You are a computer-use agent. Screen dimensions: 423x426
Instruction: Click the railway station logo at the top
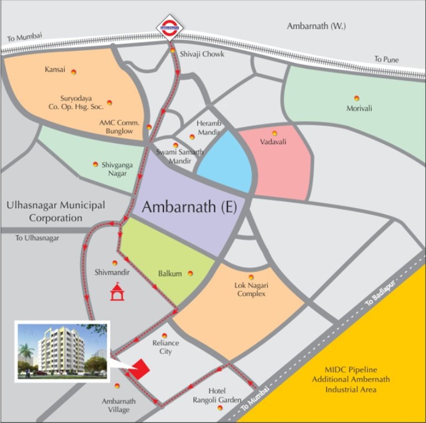(170, 26)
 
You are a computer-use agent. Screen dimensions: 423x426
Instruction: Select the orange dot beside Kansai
(73, 71)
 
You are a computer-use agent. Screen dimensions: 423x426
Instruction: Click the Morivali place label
(359, 108)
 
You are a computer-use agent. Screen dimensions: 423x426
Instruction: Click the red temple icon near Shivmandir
(116, 291)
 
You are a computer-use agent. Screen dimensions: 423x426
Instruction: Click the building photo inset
(62, 351)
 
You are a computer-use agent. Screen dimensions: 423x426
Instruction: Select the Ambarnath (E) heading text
(189, 208)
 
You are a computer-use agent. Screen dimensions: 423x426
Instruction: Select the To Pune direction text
(386, 59)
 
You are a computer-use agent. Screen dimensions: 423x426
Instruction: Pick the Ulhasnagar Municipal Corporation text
(56, 211)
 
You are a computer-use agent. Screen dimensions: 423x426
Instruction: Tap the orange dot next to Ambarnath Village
(116, 386)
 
